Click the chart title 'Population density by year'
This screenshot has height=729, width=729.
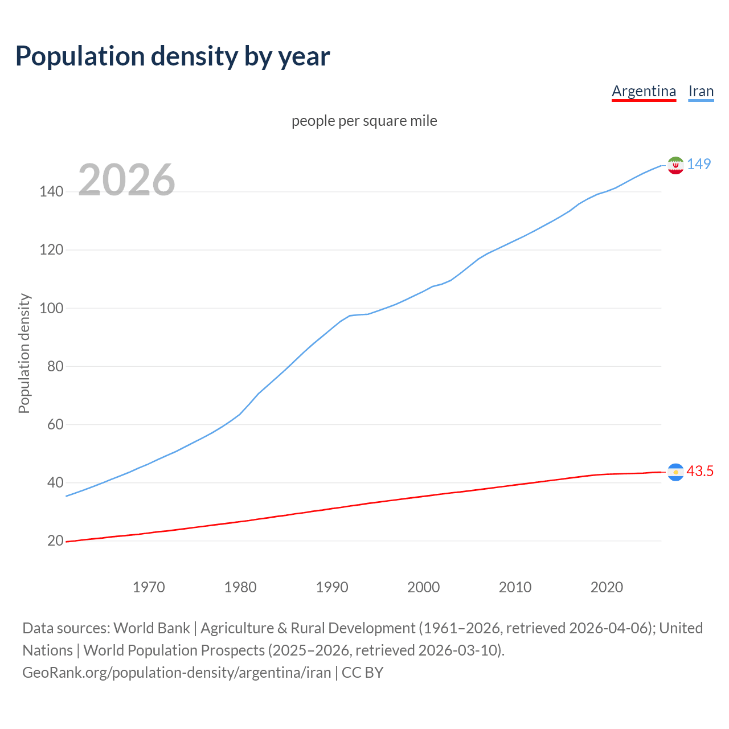[173, 56]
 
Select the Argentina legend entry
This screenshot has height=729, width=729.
[644, 91]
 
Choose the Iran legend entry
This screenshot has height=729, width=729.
[701, 91]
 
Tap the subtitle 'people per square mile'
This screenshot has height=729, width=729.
[364, 121]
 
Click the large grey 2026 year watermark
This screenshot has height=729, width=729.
[126, 180]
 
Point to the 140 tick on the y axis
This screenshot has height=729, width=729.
[51, 192]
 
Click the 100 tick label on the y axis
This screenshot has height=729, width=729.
[51, 308]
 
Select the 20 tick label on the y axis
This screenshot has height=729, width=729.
[55, 540]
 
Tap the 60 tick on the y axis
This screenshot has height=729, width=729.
[55, 424]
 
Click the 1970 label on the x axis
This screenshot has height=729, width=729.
[149, 587]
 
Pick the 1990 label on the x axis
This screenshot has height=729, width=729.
[332, 587]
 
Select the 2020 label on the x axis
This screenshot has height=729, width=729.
[607, 587]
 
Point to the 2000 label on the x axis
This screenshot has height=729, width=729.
[423, 587]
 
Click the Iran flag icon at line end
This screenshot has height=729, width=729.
[675, 165]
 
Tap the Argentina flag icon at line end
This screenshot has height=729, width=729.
[675, 472]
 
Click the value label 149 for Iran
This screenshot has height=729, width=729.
[699, 164]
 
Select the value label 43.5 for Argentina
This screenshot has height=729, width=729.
[700, 471]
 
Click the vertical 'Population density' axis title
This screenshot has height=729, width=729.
[24, 353]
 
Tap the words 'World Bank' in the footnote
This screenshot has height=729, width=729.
[151, 628]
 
